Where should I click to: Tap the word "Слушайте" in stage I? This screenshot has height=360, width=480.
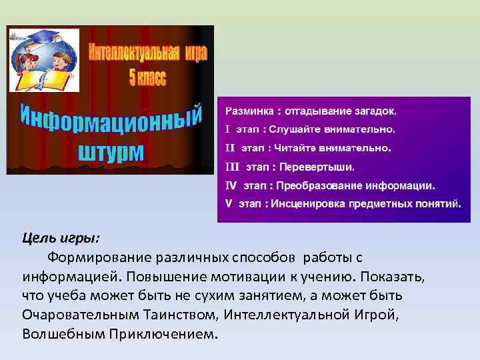click(294, 128)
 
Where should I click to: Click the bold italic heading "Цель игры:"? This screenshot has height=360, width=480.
click(60, 238)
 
